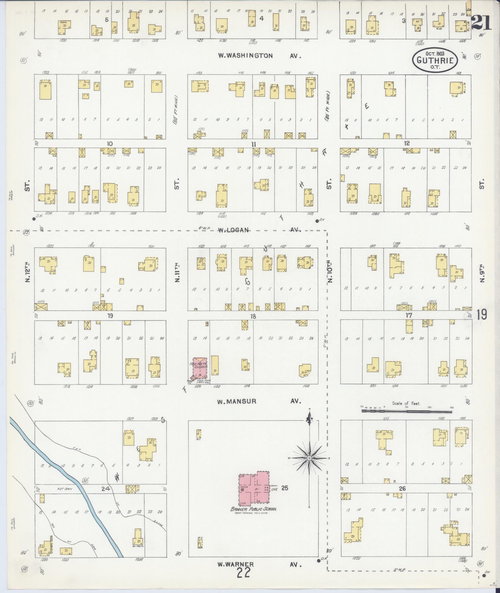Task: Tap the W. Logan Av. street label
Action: point(259,230)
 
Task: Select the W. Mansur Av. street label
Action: point(259,401)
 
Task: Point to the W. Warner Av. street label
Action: point(259,564)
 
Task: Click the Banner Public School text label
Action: point(253,509)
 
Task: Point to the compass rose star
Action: point(309,458)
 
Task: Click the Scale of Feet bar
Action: point(406,411)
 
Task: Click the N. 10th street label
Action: point(330,272)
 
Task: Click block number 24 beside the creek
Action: point(107,489)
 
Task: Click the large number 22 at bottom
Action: point(244,573)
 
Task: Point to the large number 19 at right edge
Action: point(482,315)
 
